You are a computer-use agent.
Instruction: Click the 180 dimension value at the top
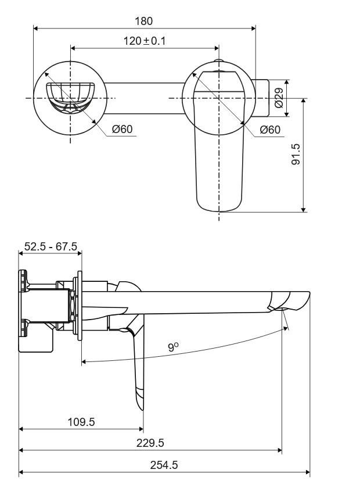point(144,21)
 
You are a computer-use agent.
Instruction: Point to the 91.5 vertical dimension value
point(296,155)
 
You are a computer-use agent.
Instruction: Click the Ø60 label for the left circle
point(123,130)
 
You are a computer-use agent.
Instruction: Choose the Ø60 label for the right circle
point(270,130)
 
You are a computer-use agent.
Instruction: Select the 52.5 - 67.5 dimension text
point(51,246)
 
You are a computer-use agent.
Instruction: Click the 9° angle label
point(173,347)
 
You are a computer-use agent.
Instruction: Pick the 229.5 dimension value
point(150,443)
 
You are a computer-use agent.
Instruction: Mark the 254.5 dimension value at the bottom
point(164,465)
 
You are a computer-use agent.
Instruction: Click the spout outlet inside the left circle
point(70,96)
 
